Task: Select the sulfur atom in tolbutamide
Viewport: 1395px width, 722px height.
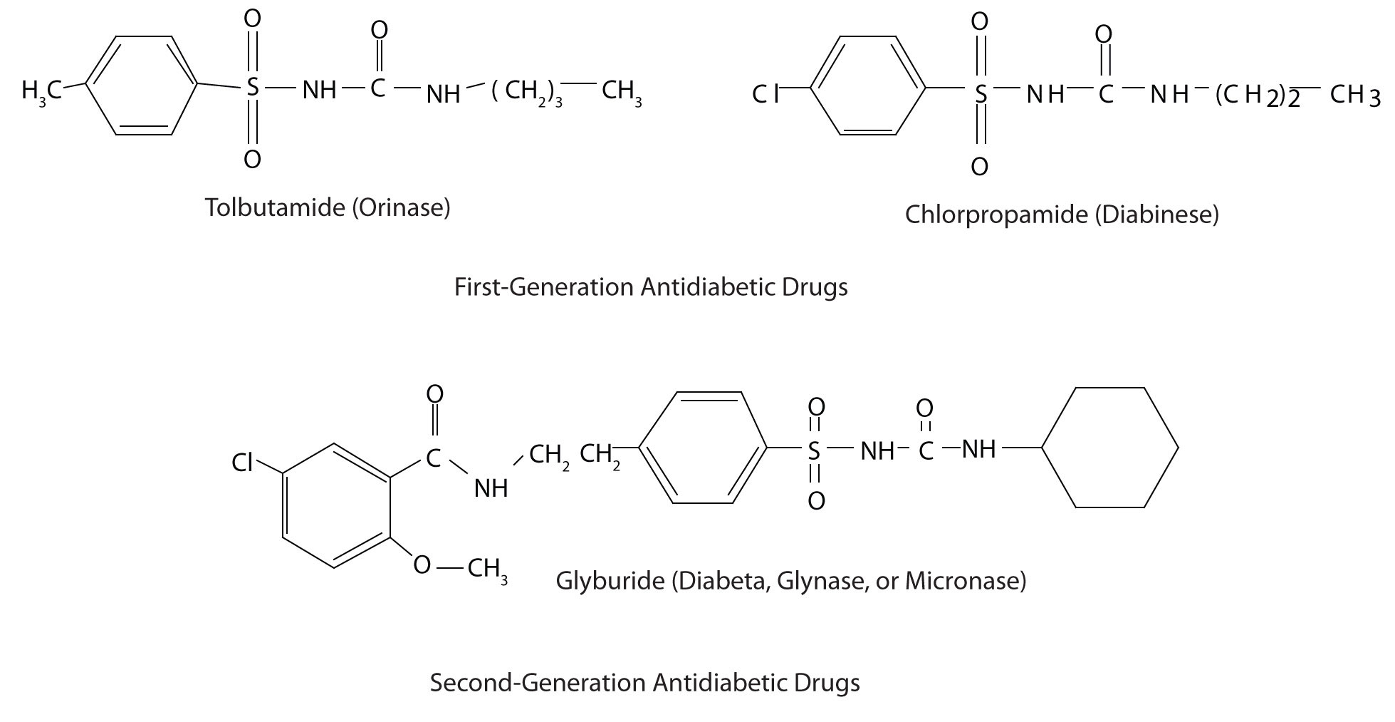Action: tap(251, 88)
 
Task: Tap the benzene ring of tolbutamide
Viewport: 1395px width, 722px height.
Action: tap(142, 86)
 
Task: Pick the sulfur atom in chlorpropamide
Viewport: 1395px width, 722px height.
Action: tap(981, 93)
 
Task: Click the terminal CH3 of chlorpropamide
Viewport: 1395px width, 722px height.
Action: tap(1354, 96)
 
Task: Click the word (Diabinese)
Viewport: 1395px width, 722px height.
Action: tap(1156, 214)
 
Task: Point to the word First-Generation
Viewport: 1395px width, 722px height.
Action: tap(544, 287)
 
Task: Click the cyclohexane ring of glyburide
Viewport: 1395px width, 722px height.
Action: tap(1109, 448)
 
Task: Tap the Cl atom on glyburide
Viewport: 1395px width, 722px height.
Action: tap(243, 463)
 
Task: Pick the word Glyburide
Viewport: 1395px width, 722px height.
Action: tap(610, 581)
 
